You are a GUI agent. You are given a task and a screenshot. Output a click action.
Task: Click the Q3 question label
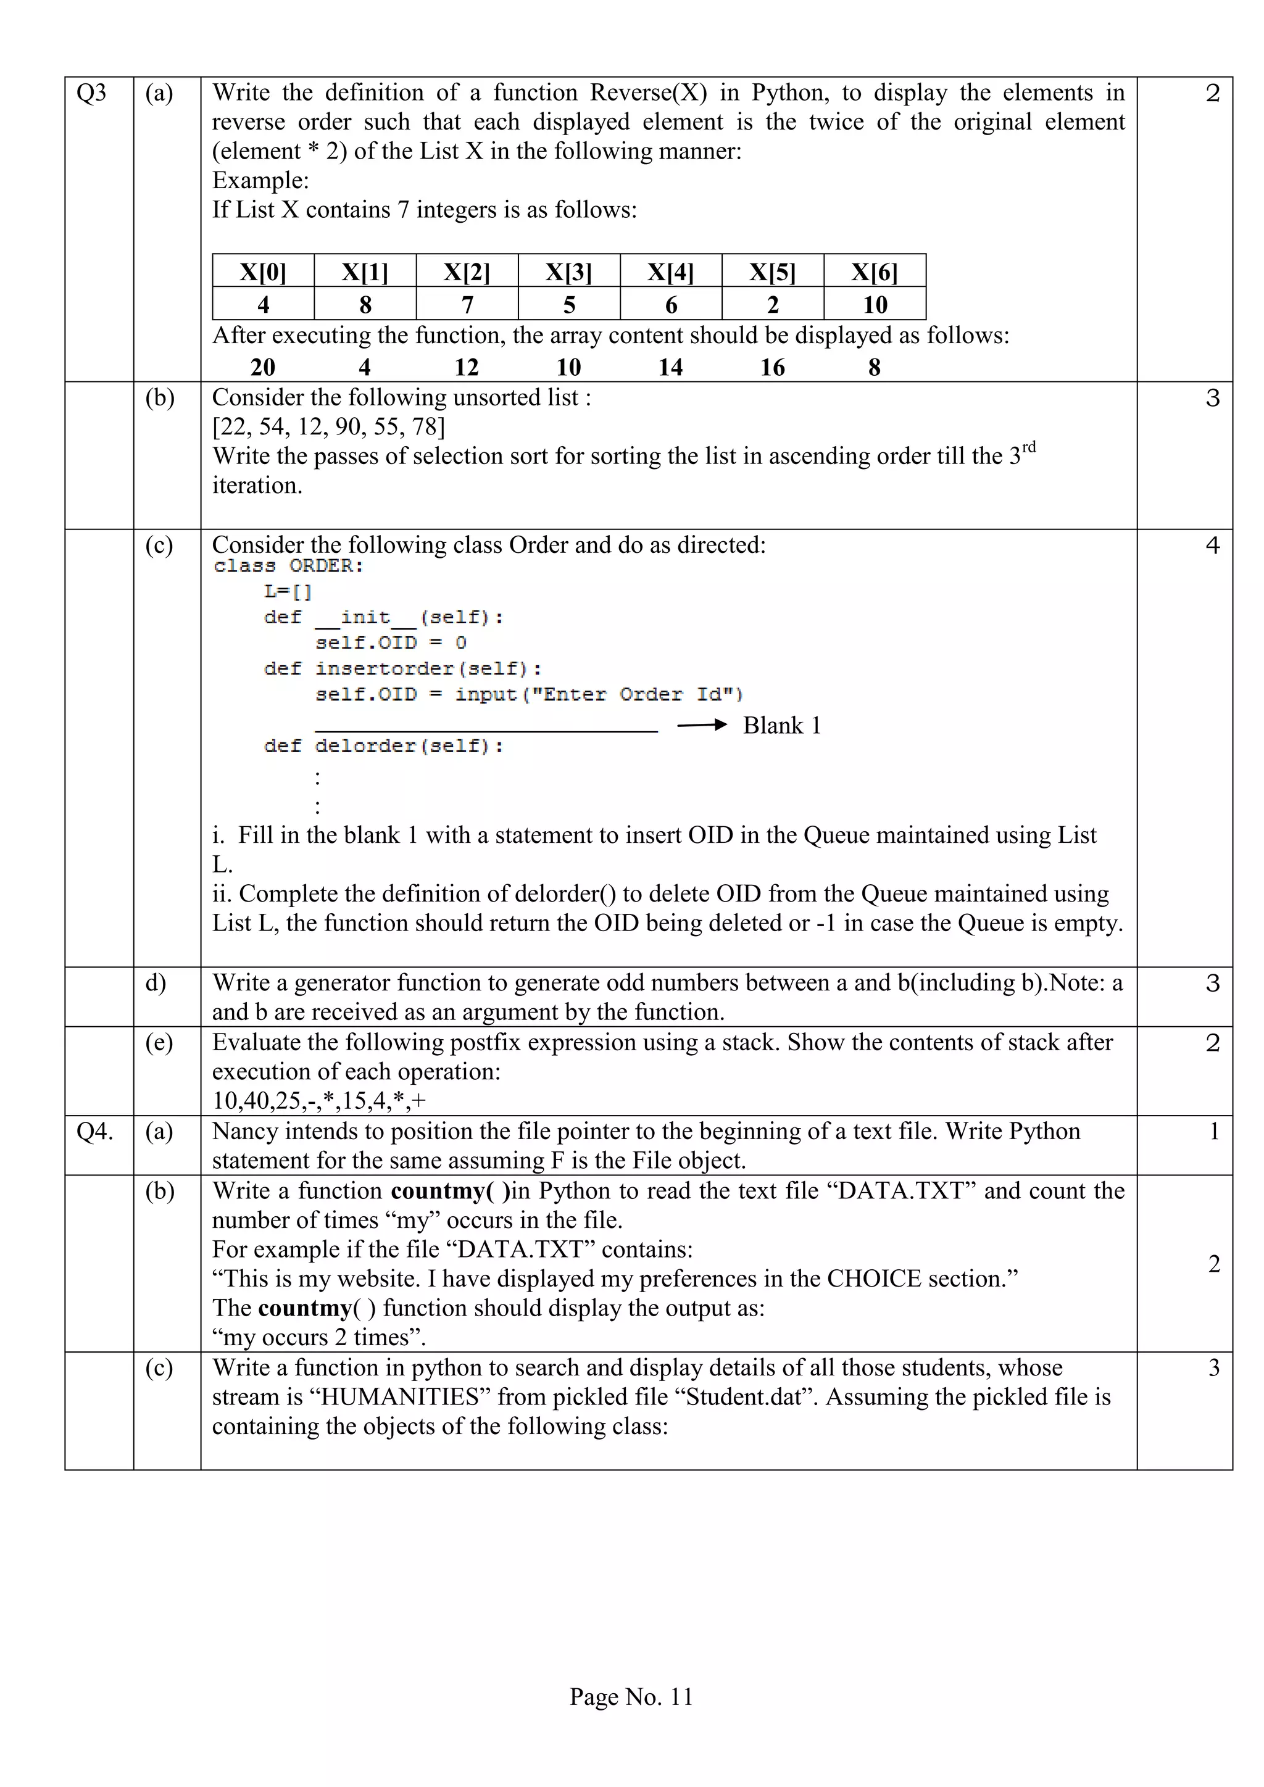tap(91, 93)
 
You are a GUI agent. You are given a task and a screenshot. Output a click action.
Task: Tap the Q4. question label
tap(94, 1131)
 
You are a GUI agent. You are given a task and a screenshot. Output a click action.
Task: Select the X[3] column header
tap(568, 272)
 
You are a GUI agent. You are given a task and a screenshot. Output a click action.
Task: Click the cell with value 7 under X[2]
tap(467, 304)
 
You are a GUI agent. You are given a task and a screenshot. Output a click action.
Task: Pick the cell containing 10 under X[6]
tap(875, 304)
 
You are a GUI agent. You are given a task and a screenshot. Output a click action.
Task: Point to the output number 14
tap(670, 367)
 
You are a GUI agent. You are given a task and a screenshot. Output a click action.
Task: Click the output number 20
tap(263, 367)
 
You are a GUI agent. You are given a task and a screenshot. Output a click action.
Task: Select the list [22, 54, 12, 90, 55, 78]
tap(328, 426)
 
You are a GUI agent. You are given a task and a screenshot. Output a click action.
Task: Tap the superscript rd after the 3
tap(1028, 447)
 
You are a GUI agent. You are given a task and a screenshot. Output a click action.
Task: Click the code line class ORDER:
tap(288, 566)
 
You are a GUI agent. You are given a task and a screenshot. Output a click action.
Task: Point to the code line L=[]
tap(288, 592)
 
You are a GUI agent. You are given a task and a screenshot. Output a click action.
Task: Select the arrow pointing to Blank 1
tap(701, 726)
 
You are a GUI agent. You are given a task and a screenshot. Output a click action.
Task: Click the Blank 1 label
tap(781, 726)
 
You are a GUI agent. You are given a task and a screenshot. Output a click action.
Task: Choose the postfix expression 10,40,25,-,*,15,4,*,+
tap(319, 1101)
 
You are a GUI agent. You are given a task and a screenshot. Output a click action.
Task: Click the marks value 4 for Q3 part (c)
tap(1212, 545)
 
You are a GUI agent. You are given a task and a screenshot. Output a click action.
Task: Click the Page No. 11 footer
tap(631, 1697)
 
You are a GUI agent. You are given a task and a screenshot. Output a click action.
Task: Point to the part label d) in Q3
tap(156, 983)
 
